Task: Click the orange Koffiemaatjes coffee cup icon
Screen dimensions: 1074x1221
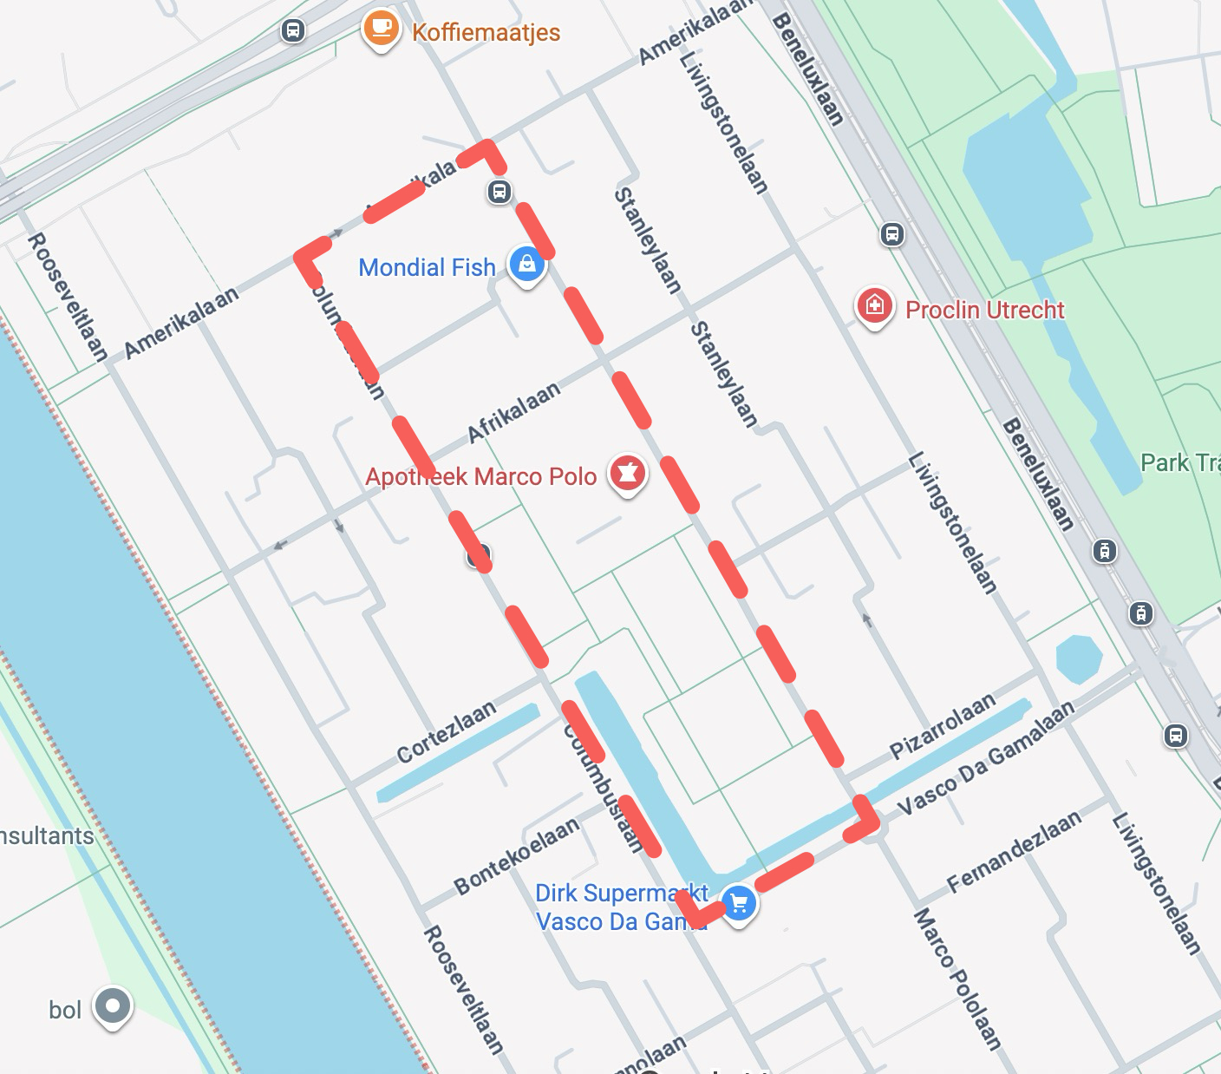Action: pos(380,29)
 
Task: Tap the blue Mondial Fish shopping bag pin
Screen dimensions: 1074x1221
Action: pos(526,264)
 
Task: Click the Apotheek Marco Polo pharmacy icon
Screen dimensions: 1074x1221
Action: pos(628,474)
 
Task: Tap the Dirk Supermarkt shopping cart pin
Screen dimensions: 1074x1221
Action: pos(739,904)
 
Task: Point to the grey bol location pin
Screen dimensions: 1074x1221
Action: pos(112,1007)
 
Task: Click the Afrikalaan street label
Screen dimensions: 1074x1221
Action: pos(513,413)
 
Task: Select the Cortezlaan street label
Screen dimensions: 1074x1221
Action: pos(447,731)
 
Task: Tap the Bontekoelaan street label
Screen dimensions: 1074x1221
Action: pos(517,856)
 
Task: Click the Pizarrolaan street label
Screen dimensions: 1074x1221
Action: pos(942,726)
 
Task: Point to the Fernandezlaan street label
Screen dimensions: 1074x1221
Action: pos(1014,852)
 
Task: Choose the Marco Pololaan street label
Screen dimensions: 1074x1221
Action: pos(957,979)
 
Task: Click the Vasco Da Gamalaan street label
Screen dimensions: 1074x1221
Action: pos(985,758)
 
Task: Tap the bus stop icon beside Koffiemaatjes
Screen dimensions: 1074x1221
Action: pos(293,31)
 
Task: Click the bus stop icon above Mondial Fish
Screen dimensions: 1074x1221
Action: pos(499,192)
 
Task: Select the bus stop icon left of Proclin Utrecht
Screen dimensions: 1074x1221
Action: pos(891,234)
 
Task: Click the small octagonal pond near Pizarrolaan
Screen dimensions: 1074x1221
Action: pos(1079,659)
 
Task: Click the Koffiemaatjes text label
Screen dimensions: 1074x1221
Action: pos(486,33)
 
